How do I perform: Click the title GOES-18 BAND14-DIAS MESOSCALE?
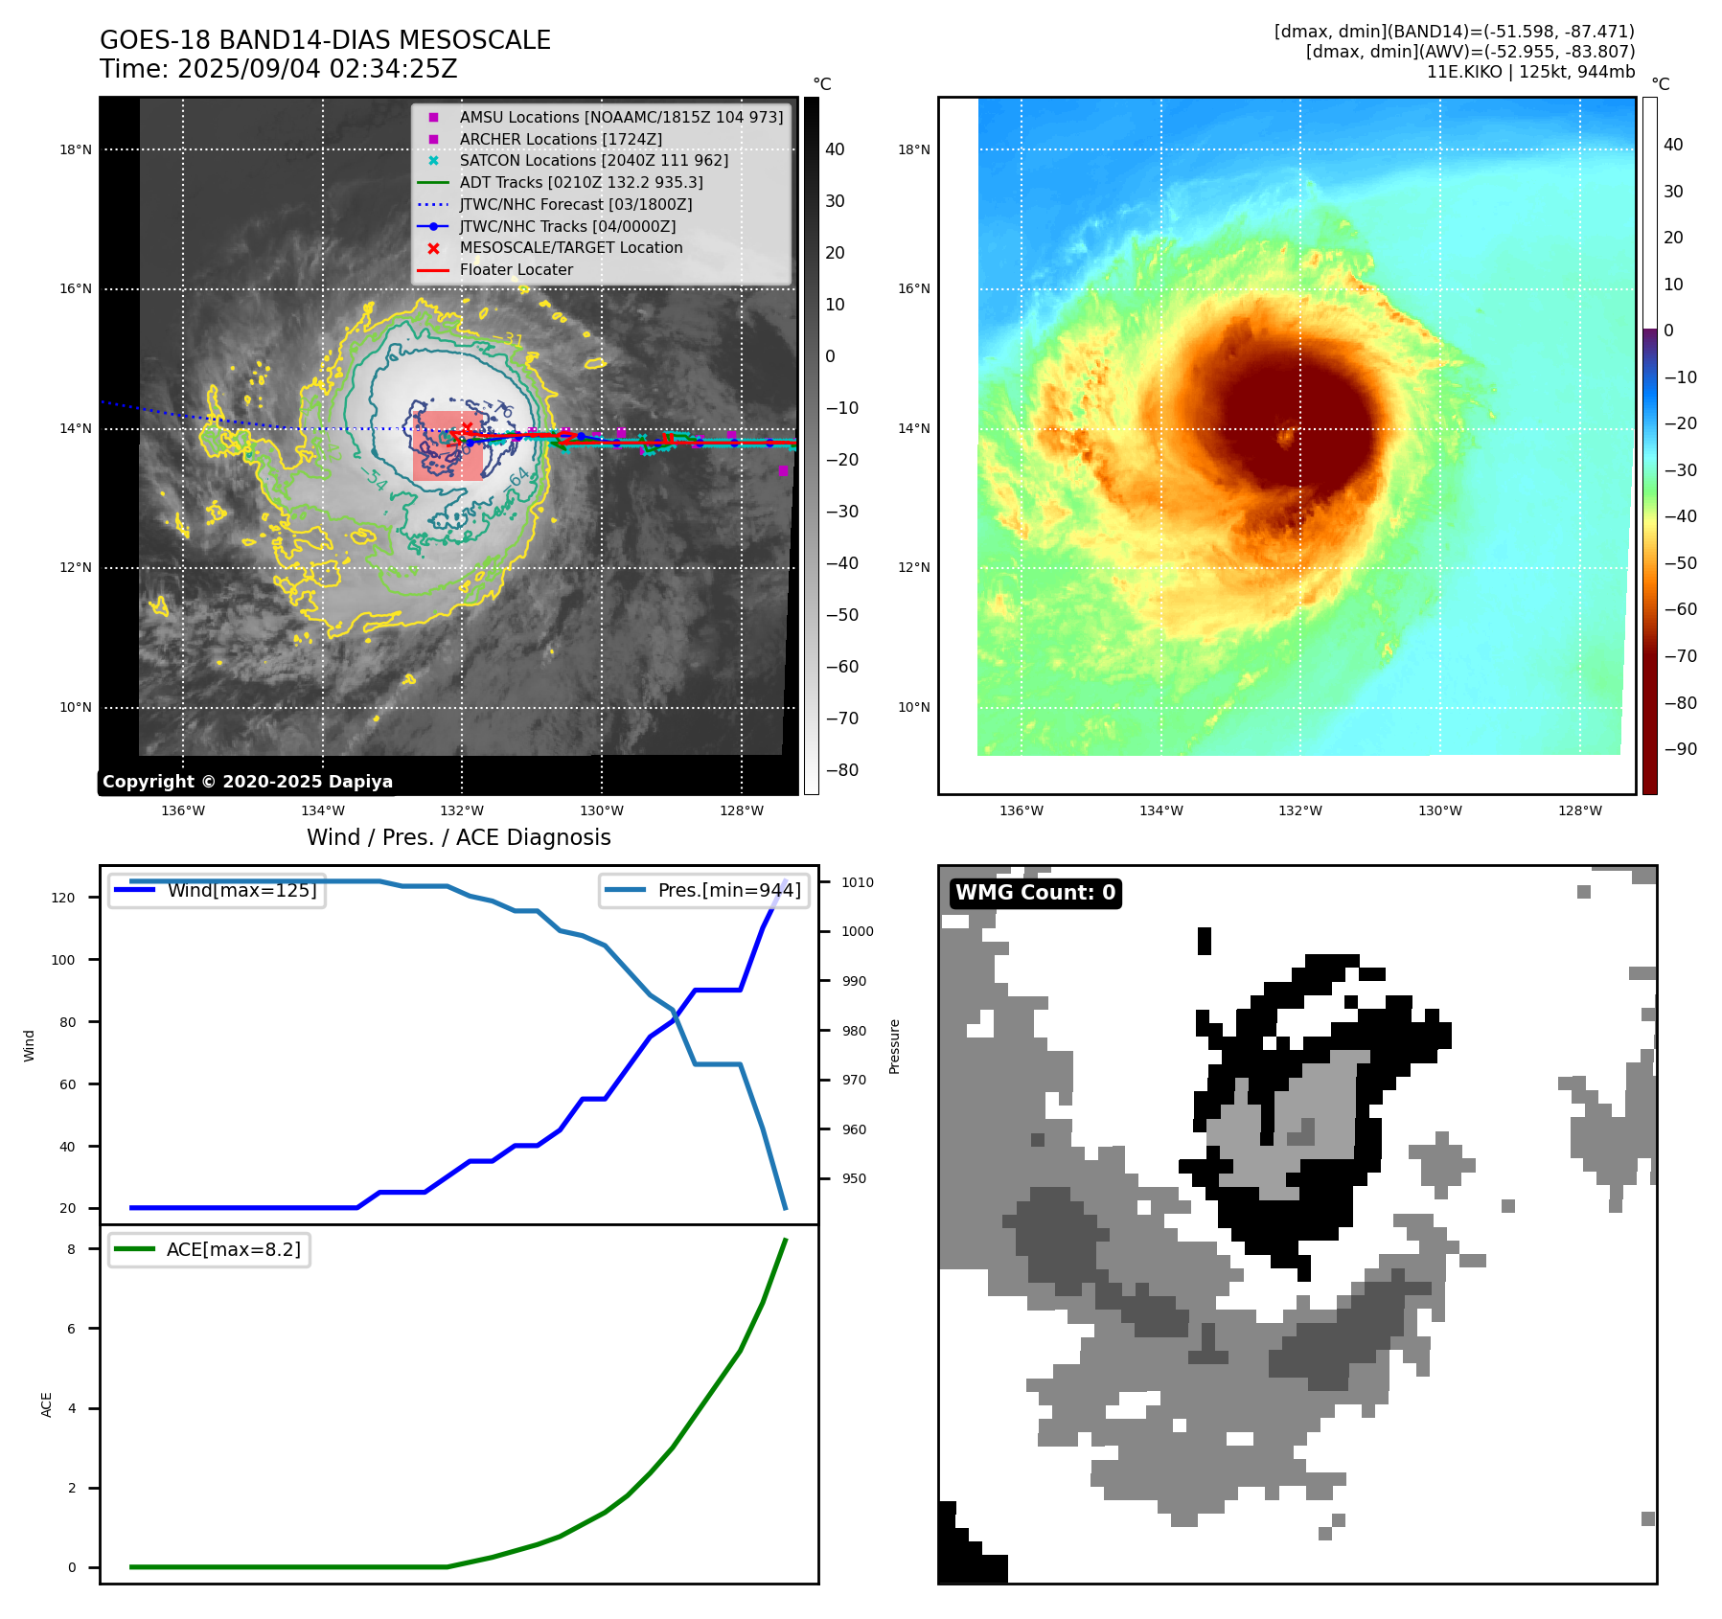[x=325, y=40]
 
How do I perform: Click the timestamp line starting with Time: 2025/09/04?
[x=279, y=70]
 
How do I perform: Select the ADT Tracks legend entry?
[x=581, y=182]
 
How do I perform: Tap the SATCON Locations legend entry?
[x=593, y=160]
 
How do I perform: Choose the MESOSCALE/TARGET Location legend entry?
[x=571, y=247]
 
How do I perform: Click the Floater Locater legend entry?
[x=516, y=269]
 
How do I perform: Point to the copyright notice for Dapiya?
[x=247, y=782]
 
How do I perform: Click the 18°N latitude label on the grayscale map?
[x=76, y=149]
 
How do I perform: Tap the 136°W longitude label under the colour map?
[x=1022, y=810]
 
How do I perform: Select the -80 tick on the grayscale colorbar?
[x=842, y=770]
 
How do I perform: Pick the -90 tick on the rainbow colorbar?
[x=1680, y=749]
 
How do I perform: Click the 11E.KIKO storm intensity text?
[x=1530, y=72]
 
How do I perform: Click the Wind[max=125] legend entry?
[x=241, y=890]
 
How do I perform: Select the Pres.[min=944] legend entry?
[x=729, y=890]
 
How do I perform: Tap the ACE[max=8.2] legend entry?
[x=233, y=1249]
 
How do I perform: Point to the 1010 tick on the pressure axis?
[x=858, y=882]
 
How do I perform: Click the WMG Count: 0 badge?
[x=1035, y=893]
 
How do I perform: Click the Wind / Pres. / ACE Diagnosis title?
[x=458, y=837]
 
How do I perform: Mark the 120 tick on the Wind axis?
[x=63, y=898]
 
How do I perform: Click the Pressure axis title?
[x=895, y=1046]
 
